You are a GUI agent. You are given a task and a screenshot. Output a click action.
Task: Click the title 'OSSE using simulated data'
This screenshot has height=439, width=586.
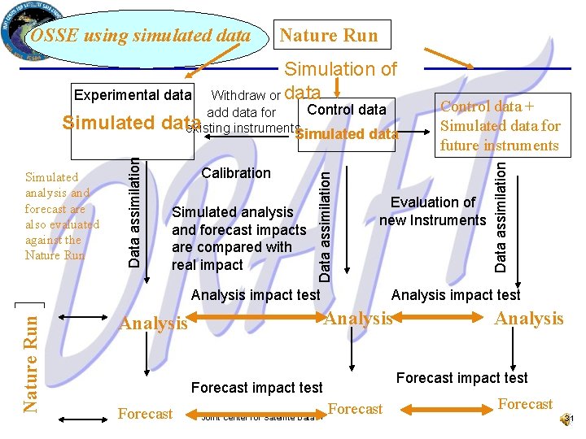[140, 36]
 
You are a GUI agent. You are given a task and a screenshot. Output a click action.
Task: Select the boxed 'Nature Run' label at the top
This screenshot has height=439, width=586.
[329, 35]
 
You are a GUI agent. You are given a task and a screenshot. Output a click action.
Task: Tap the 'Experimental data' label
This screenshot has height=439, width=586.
[132, 95]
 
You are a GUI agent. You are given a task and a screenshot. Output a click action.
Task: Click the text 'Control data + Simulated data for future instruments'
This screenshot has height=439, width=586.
[500, 126]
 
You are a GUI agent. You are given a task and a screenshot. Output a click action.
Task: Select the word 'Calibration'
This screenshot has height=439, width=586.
[236, 173]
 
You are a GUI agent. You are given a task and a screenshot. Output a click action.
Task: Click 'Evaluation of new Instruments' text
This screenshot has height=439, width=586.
[432, 211]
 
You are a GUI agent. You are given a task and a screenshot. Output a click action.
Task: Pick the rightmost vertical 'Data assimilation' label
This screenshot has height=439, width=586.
[501, 213]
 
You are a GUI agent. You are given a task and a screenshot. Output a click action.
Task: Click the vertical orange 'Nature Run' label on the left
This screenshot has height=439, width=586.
[30, 358]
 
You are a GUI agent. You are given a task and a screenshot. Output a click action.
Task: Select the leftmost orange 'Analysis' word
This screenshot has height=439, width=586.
[153, 324]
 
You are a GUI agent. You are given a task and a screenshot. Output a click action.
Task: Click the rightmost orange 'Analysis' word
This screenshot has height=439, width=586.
[529, 319]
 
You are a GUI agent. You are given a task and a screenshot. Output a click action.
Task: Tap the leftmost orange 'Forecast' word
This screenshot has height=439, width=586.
[145, 414]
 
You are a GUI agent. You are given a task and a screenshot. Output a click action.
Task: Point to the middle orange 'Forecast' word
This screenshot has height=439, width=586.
[356, 409]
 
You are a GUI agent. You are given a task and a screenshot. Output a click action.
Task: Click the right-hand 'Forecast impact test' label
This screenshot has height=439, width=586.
[461, 377]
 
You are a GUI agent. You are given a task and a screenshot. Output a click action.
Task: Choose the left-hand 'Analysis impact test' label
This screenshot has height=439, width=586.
[256, 294]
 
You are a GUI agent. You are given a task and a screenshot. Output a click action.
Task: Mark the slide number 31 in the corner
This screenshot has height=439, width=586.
[569, 419]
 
